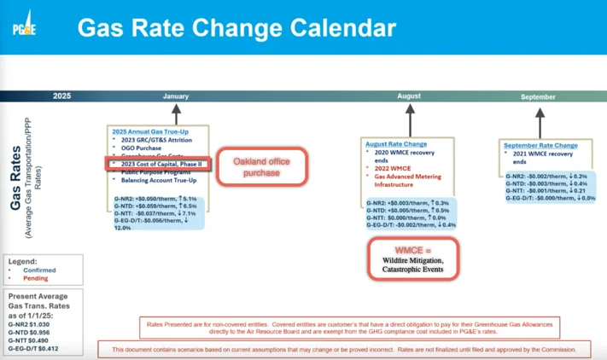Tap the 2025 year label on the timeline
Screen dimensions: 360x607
tap(61, 96)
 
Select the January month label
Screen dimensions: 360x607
tap(176, 96)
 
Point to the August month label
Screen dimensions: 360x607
tap(409, 96)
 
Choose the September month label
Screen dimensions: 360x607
tap(537, 96)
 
